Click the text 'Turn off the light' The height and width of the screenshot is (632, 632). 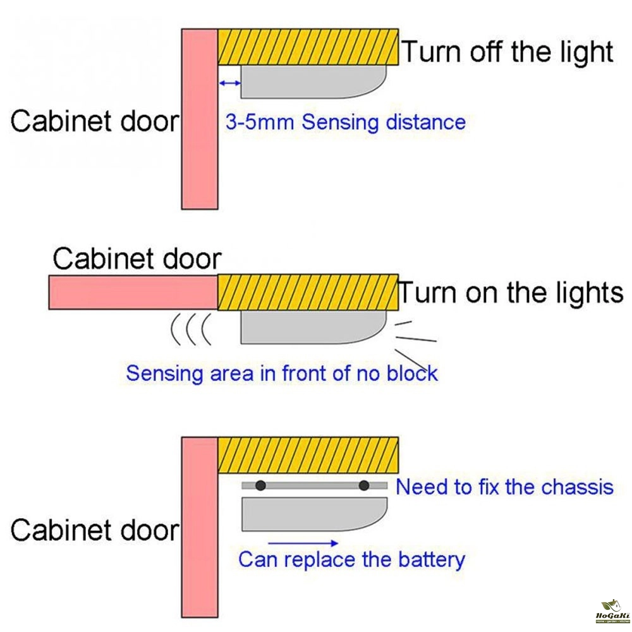507,52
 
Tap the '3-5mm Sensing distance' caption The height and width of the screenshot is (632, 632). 345,121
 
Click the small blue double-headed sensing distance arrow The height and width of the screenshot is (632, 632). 229,83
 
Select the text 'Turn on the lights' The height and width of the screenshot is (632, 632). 511,293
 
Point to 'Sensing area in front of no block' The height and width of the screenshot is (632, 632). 282,373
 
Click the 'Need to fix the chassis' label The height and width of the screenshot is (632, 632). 504,487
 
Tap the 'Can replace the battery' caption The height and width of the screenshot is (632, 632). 351,559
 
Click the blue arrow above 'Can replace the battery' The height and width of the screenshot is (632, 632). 303,542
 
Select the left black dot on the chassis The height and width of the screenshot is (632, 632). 260,485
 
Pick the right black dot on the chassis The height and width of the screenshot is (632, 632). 364,485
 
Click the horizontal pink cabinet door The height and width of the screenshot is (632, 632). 133,292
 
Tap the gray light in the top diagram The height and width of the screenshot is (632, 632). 310,83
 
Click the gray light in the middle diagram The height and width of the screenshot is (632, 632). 310,327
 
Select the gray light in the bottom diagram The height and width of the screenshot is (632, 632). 310,513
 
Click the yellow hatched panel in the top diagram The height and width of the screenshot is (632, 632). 308,47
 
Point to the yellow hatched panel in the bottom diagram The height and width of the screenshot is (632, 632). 308,454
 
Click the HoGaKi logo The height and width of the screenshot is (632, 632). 612,611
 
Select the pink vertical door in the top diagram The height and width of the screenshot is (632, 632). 200,119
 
